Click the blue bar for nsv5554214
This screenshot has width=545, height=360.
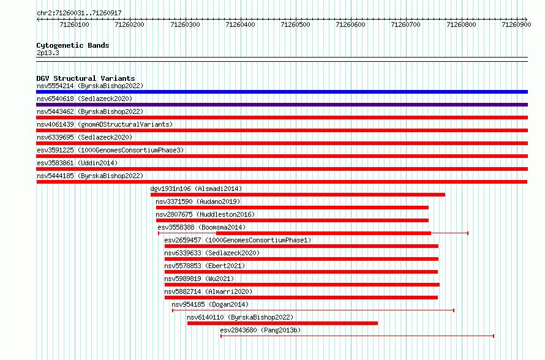[x=282, y=92]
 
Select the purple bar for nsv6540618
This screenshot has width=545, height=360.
[x=282, y=105]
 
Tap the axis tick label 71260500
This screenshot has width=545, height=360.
[x=295, y=24]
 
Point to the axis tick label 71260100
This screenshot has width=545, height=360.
[x=74, y=24]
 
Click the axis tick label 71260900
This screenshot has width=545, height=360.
[x=516, y=24]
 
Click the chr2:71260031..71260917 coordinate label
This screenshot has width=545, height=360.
[x=79, y=13]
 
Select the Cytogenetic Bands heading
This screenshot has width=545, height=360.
[x=73, y=45]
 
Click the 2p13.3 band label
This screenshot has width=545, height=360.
[x=48, y=53]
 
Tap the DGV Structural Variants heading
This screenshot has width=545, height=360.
[x=86, y=78]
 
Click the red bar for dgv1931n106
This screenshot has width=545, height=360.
[x=298, y=195]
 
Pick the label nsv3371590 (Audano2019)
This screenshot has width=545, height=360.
[x=198, y=201]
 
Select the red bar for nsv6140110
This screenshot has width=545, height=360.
[x=282, y=323]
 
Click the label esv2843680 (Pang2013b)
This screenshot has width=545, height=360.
[x=260, y=330]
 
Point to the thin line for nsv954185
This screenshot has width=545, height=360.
[x=313, y=310]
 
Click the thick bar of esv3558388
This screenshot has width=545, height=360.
[x=323, y=233]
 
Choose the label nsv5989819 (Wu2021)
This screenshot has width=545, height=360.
[x=199, y=279]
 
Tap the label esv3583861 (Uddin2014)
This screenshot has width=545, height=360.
[x=77, y=163]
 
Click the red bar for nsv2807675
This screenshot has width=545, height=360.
[x=292, y=220]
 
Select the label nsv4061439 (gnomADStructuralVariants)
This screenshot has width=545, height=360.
[x=105, y=124]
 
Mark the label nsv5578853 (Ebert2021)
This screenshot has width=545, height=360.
[x=205, y=266]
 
